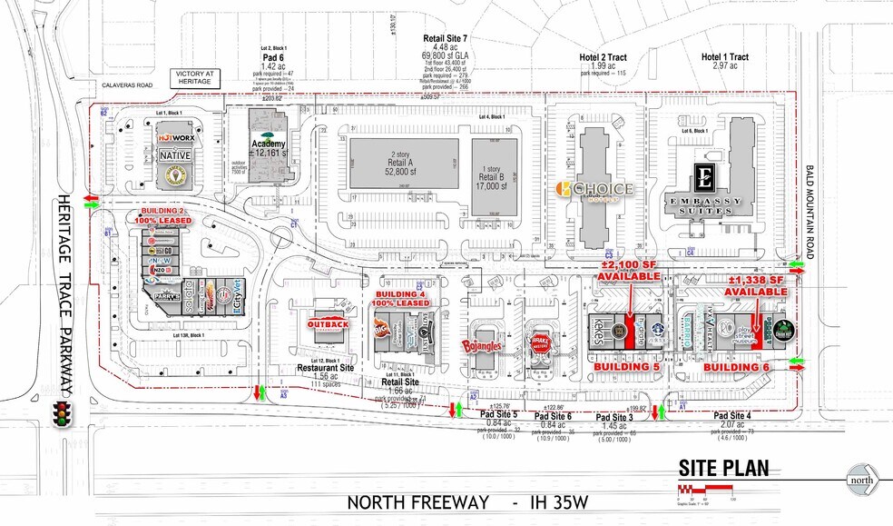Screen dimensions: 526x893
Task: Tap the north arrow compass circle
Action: [x=864, y=479]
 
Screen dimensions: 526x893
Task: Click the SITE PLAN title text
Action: [x=723, y=469]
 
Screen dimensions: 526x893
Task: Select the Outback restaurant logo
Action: [x=329, y=324]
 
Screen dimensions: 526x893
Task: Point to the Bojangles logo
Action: [x=484, y=345]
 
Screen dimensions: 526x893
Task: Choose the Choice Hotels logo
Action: [x=595, y=189]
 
